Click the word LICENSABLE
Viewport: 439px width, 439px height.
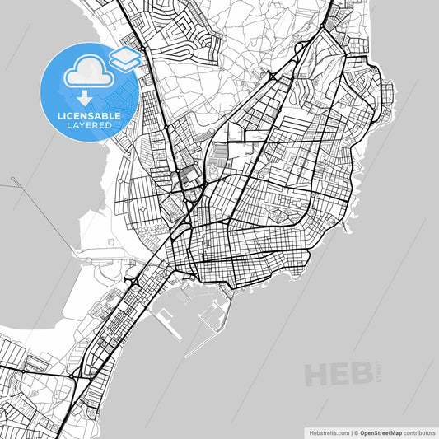coord(88,116)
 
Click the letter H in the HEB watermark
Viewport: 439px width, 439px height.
coord(317,375)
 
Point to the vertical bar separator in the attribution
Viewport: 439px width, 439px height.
coord(349,432)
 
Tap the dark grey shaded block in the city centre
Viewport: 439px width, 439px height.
coord(189,175)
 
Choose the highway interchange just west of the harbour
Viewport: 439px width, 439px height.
coord(132,280)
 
